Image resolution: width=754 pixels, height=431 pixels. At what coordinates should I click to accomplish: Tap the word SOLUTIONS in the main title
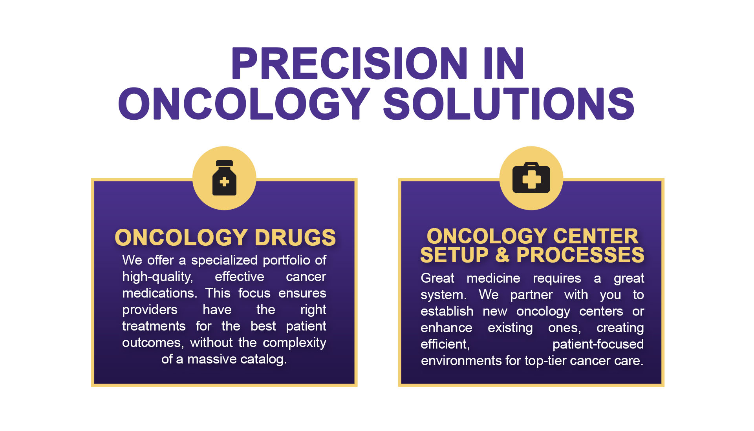coord(509,104)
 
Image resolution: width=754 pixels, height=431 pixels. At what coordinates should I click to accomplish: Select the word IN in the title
coord(504,63)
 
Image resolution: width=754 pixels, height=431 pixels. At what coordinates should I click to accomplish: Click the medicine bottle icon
coord(224,177)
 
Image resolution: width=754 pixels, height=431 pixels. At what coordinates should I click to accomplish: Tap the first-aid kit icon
coord(531,177)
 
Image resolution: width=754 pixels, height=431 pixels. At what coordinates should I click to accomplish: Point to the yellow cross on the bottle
coord(224,181)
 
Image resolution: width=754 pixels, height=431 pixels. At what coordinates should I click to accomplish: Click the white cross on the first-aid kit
coord(531,179)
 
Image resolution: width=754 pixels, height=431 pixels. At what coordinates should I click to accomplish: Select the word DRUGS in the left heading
coord(295,237)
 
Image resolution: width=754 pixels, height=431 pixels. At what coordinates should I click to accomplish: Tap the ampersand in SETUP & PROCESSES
coord(502,255)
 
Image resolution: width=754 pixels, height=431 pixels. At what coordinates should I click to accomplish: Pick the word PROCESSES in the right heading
coord(580,255)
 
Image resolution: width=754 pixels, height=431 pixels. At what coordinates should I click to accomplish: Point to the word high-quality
coord(157,277)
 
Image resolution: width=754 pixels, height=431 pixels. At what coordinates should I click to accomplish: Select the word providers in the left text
coord(150,310)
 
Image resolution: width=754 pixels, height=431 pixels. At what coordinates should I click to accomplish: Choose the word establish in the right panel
coord(447,311)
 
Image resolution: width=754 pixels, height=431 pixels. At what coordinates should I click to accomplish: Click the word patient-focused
coord(598,344)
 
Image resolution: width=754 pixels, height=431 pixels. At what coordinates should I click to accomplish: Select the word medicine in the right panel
coord(493,278)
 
